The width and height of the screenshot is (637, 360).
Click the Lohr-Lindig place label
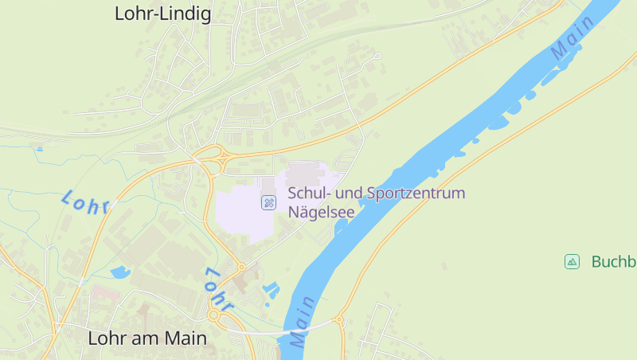(x=162, y=14)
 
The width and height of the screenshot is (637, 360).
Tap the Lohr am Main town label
(x=147, y=338)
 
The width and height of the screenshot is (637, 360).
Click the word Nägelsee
(x=321, y=213)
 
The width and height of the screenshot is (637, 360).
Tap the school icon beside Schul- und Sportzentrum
(x=269, y=202)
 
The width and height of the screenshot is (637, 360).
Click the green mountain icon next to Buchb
(x=572, y=261)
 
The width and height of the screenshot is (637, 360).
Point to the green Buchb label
(x=613, y=261)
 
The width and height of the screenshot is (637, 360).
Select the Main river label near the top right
(x=573, y=37)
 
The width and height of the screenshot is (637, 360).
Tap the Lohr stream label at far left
(x=84, y=202)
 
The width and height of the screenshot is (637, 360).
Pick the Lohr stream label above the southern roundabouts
(x=217, y=288)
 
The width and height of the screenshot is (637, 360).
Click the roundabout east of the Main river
(x=339, y=321)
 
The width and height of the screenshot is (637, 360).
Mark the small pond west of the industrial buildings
(x=120, y=272)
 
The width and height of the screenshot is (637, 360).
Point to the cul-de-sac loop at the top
(x=377, y=56)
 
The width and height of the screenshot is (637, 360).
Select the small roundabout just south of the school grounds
(x=240, y=267)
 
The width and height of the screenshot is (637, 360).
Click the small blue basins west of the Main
(x=271, y=290)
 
